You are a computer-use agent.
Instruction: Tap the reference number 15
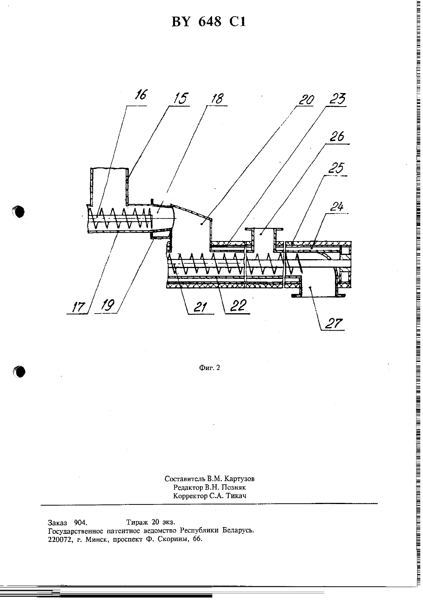tap(181, 98)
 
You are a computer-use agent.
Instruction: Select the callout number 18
tap(217, 98)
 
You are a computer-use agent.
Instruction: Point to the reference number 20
tap(306, 100)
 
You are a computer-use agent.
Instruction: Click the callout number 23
tap(338, 99)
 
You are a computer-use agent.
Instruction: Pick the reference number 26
tap(337, 136)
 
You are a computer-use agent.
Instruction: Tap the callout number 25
tap(336, 168)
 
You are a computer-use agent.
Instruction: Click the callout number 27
tap(334, 323)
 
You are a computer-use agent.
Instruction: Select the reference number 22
tap(238, 306)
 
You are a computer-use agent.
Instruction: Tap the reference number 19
tap(108, 305)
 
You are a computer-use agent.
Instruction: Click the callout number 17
tap(78, 307)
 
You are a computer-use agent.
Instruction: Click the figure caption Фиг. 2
tap(209, 368)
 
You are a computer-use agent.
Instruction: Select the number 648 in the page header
tap(210, 22)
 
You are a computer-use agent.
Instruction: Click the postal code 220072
tap(60, 540)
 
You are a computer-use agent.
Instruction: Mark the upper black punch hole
tap(19, 212)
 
